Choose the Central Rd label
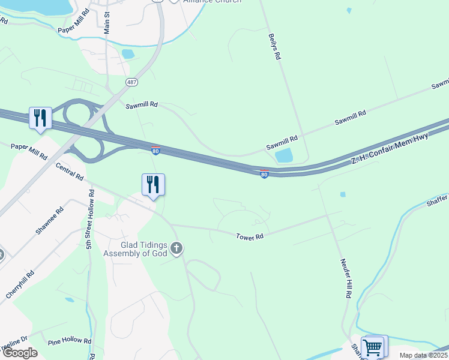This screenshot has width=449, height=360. click(x=70, y=172)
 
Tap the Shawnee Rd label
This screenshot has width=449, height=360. click(x=49, y=221)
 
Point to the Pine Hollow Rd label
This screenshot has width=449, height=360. click(x=70, y=341)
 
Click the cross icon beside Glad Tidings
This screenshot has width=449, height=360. click(x=176, y=247)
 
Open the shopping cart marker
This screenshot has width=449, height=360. click(x=373, y=346)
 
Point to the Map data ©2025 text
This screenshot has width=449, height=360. click(x=423, y=355)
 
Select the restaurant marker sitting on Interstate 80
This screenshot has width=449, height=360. click(x=40, y=118)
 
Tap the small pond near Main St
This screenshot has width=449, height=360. click(x=128, y=53)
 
